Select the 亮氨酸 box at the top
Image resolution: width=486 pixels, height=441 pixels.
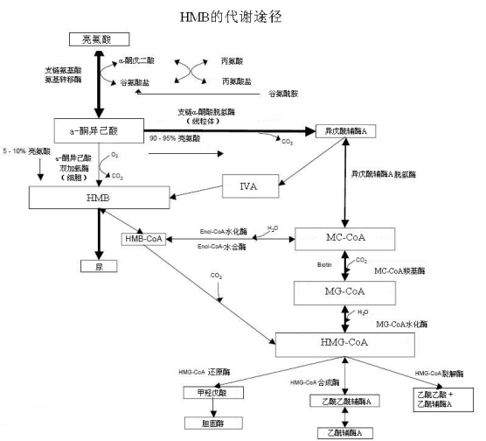(x=99, y=39)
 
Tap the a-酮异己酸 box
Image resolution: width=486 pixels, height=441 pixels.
(x=98, y=131)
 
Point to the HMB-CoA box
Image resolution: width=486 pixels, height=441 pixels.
(x=142, y=239)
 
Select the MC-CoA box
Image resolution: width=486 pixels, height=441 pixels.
(x=341, y=239)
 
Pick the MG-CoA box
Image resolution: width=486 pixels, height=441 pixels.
(x=341, y=290)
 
